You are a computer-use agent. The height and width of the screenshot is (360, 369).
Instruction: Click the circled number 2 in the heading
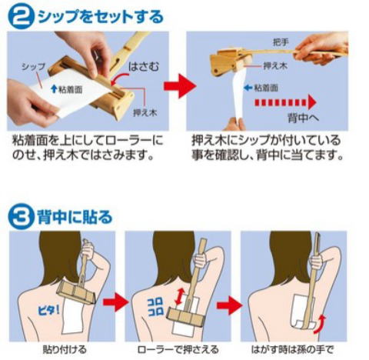pyautogui.click(x=20, y=16)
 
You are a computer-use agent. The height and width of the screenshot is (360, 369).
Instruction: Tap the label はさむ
pyautogui.click(x=144, y=67)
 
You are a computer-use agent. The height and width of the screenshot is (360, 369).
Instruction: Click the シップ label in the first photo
pyautogui.click(x=33, y=67)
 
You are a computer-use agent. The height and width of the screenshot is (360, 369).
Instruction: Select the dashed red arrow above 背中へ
pyautogui.click(x=285, y=102)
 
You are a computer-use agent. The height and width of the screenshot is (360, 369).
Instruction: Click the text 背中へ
pyautogui.click(x=303, y=118)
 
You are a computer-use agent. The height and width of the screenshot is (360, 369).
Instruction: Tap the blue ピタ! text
pyautogui.click(x=48, y=310)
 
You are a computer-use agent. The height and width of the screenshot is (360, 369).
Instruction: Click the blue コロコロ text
pyautogui.click(x=155, y=307)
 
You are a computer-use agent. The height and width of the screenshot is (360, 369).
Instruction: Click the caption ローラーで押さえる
pyautogui.click(x=178, y=349)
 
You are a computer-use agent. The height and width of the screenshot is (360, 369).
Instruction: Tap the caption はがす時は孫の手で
pyautogui.click(x=292, y=349)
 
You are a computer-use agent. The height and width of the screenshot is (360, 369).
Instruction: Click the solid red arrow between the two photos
pyautogui.click(x=180, y=86)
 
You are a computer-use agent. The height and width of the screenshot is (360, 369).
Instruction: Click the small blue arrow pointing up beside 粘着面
pyautogui.click(x=54, y=89)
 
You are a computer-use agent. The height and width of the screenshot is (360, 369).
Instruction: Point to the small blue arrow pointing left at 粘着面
pyautogui.click(x=248, y=88)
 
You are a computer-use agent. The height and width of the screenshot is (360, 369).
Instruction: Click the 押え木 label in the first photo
pyautogui.click(x=145, y=112)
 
